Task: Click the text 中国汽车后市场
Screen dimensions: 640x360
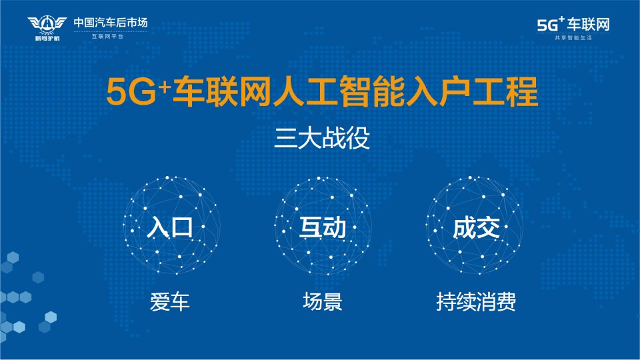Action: [x=110, y=23]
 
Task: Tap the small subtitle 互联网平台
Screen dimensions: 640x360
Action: [x=107, y=37]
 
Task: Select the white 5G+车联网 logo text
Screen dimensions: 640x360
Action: [x=573, y=24]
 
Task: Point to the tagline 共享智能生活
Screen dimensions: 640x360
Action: [x=573, y=38]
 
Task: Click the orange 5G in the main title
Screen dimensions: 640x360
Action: [x=131, y=91]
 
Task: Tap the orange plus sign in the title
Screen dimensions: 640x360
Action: [x=165, y=87]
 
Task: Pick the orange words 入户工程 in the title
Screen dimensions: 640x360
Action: [x=471, y=91]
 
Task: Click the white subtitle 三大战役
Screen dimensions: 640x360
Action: [x=321, y=138]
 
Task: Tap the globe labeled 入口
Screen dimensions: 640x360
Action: [x=171, y=225]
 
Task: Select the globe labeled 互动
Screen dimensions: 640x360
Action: [x=323, y=226]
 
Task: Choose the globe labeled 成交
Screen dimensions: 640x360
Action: [x=475, y=225]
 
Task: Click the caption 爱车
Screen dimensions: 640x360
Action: [x=170, y=302]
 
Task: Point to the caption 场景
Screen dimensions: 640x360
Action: [x=323, y=301]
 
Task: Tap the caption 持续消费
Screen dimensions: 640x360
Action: [x=476, y=301]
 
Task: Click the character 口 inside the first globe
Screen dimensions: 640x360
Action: [x=182, y=227]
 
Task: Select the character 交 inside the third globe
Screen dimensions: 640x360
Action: [x=488, y=227]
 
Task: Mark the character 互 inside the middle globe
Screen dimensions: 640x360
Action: [x=311, y=227]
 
